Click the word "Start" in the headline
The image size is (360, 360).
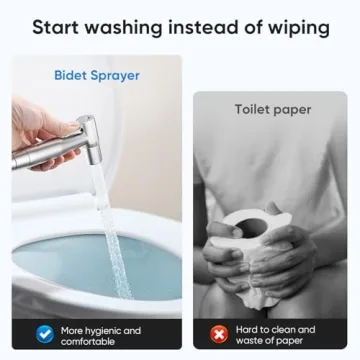(55, 27)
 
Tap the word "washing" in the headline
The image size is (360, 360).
(123, 29)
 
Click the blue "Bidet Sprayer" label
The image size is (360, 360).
(97, 76)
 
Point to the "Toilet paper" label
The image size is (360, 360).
(273, 110)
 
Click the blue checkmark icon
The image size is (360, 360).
(45, 334)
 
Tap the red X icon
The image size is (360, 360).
(219, 334)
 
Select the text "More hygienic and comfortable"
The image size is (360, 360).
(101, 336)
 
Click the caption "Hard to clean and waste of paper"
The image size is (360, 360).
(275, 335)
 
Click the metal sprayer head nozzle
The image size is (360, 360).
(91, 139)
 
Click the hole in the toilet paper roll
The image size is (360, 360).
(251, 226)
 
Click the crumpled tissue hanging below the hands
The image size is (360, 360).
(258, 297)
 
